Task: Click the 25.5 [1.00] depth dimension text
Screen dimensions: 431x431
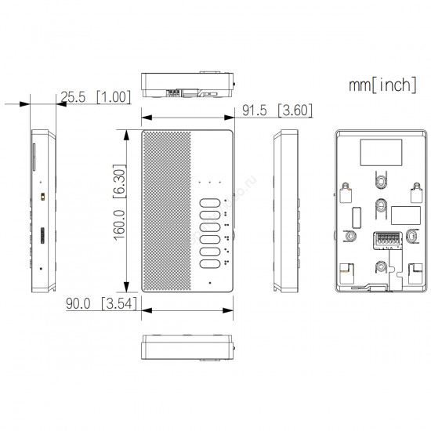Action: tap(96, 97)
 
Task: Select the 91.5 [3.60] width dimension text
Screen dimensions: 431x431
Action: tap(277, 110)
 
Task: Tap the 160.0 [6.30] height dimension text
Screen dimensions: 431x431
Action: tap(120, 203)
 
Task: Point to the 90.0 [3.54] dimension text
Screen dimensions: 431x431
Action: tap(101, 303)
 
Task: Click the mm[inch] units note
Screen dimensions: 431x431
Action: tap(382, 85)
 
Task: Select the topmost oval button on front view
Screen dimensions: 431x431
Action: tap(210, 203)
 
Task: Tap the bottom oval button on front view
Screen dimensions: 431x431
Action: tap(210, 264)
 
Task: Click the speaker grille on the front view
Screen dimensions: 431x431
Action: tap(167, 211)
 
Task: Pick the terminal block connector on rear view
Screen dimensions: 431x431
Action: tap(388, 241)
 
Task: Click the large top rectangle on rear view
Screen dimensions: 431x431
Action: tap(381, 152)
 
